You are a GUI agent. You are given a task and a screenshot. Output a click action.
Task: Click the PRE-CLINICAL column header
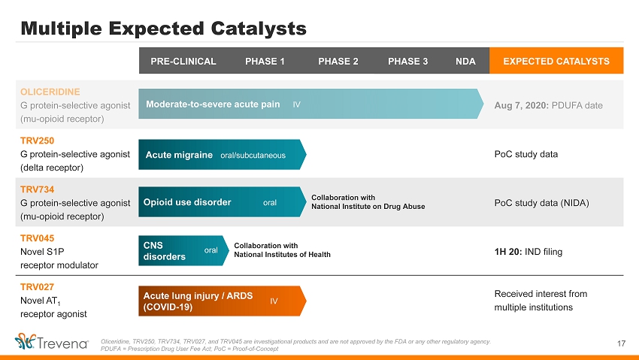click(183, 61)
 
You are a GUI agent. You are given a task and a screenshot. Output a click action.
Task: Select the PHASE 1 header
click(265, 61)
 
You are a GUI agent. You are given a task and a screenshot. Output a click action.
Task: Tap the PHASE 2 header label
click(338, 61)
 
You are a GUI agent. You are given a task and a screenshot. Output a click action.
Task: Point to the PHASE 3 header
click(407, 61)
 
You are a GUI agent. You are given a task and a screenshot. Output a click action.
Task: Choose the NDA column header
click(465, 61)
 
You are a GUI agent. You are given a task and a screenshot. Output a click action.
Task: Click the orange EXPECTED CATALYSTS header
click(556, 61)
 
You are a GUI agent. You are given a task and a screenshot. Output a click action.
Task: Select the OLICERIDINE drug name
click(50, 92)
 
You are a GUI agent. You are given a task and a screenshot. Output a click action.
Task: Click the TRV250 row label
click(37, 141)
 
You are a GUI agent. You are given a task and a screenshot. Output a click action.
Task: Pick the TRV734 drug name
click(37, 189)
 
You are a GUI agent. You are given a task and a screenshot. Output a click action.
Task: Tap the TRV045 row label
click(37, 238)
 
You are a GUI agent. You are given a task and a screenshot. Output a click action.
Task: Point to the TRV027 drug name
click(37, 287)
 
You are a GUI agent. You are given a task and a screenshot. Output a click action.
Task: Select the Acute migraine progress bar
click(223, 154)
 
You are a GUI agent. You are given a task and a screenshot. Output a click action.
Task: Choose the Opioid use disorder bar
click(223, 202)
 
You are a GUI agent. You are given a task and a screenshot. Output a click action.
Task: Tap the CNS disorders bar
click(183, 250)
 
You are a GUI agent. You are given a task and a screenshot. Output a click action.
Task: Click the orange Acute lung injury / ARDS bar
click(223, 301)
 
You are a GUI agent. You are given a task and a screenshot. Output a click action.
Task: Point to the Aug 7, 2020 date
click(521, 105)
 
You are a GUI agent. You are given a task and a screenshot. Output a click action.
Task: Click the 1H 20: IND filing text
click(528, 252)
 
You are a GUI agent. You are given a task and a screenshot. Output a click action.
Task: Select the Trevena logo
click(51, 341)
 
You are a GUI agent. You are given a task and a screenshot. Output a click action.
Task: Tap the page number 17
click(621, 343)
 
